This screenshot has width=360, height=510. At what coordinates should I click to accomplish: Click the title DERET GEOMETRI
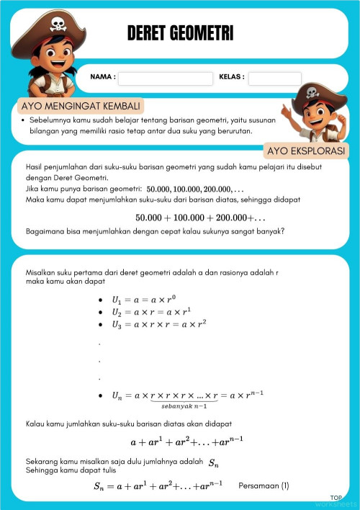click(180, 34)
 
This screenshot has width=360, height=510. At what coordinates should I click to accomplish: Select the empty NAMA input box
click(165, 78)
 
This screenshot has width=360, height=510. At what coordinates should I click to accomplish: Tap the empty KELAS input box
click(274, 78)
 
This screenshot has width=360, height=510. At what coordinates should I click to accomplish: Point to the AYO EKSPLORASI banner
click(307, 151)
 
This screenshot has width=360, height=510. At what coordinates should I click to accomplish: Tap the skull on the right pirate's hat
click(312, 93)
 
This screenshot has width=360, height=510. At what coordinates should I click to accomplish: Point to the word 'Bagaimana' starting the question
click(42, 231)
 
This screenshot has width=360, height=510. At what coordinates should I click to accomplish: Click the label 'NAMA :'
click(102, 76)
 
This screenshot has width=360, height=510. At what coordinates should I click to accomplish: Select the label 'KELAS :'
click(231, 76)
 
